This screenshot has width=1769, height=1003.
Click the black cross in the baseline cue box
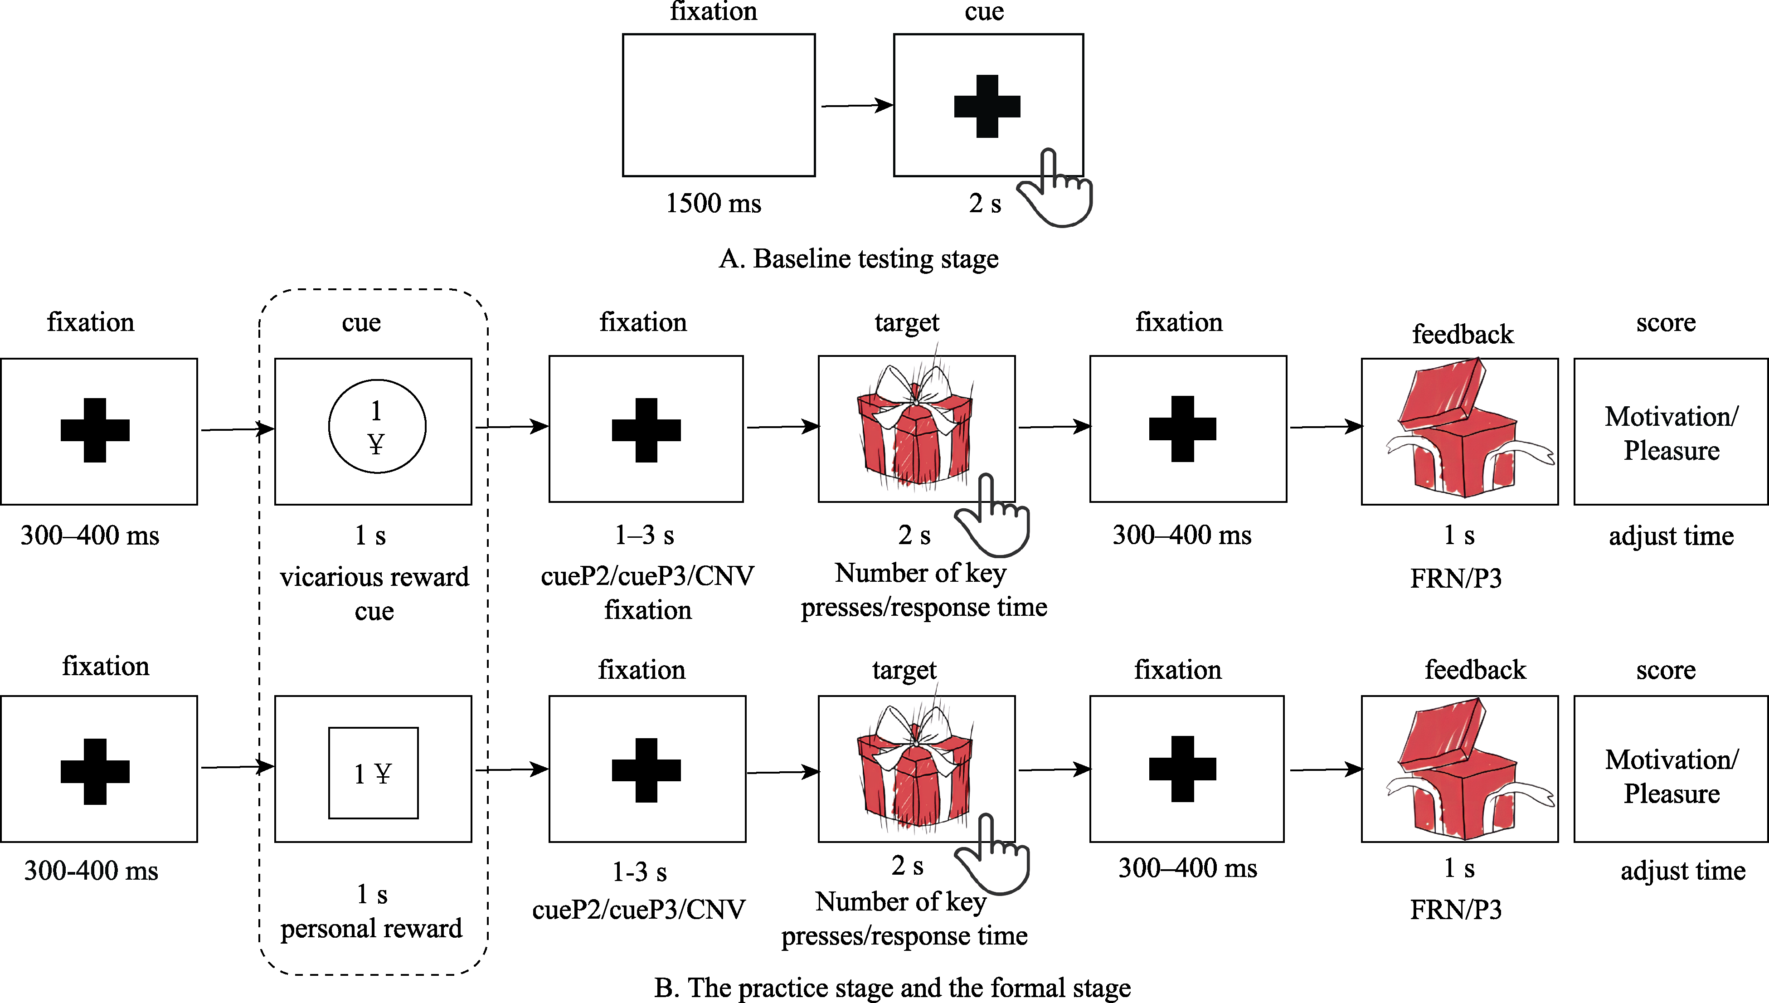point(987,106)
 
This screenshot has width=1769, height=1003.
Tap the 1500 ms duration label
point(714,203)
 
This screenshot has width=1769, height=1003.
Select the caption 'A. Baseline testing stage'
point(858,259)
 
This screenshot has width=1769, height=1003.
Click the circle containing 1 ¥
point(377,426)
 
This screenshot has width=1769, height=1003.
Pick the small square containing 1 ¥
point(373,773)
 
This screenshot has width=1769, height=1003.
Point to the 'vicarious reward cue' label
point(374,593)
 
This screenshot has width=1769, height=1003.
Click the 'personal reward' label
point(371,929)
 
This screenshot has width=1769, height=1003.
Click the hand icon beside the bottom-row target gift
point(993,855)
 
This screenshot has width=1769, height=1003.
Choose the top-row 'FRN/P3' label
point(1456,579)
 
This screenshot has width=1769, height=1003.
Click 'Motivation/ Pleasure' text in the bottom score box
point(1671,776)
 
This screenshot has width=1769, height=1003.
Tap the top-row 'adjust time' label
point(1671,536)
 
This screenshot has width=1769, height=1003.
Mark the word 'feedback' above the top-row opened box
point(1463,335)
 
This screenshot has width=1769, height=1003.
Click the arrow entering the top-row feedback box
point(1326,427)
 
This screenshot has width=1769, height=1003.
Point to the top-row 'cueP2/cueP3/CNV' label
point(647,576)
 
